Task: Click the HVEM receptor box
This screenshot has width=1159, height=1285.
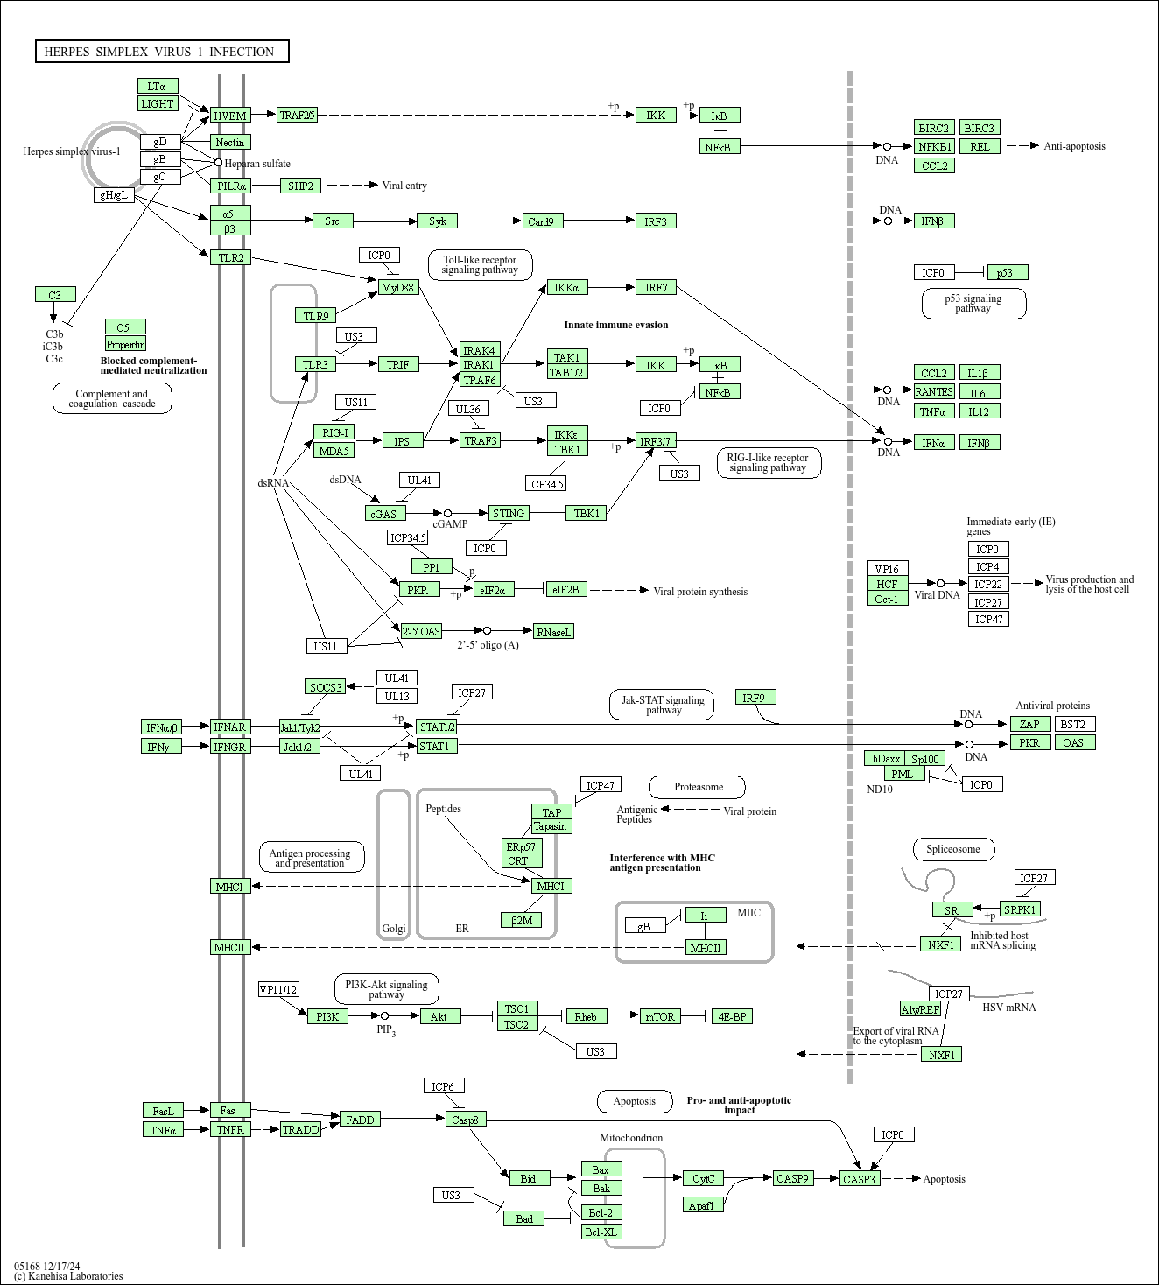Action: point(230,116)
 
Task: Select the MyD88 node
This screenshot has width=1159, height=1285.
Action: point(398,288)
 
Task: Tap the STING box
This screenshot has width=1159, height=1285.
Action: point(509,513)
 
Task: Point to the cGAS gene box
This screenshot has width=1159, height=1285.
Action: point(385,514)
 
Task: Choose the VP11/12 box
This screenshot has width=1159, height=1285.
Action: point(278,989)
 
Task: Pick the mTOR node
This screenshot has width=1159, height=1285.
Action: point(660,1016)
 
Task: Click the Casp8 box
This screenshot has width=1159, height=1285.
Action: point(466,1119)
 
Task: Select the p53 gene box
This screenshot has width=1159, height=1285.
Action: point(1008,272)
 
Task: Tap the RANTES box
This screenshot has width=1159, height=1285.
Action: point(934,391)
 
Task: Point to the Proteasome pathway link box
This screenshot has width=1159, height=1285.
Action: point(697,787)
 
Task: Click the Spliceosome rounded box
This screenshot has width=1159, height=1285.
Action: point(953,849)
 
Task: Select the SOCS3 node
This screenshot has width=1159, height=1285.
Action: point(325,686)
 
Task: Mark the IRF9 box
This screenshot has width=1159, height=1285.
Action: point(756,697)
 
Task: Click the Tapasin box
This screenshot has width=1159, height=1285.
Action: point(551,826)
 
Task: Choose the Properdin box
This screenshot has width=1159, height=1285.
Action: point(125,344)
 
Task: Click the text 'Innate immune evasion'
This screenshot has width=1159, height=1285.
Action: point(615,325)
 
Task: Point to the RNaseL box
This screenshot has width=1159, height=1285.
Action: point(553,632)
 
